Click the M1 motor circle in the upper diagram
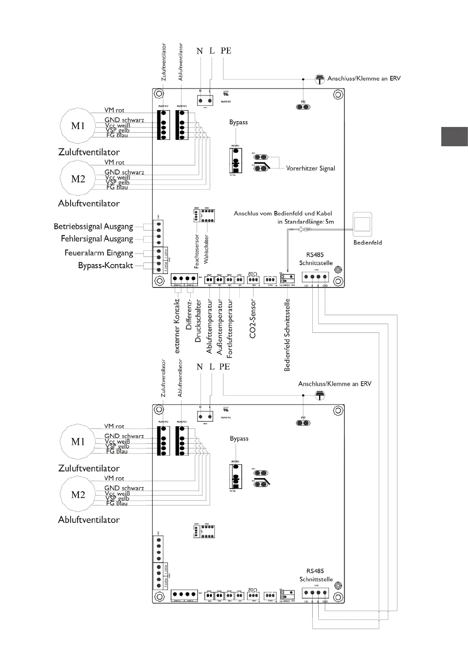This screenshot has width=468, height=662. (x=77, y=126)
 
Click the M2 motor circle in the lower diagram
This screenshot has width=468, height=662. (x=78, y=495)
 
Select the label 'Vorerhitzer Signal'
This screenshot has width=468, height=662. (x=310, y=168)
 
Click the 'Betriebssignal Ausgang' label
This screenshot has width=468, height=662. (x=94, y=226)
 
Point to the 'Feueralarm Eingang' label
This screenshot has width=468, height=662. (x=99, y=253)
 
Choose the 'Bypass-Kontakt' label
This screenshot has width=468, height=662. (x=105, y=265)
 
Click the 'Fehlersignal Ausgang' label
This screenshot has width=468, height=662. (x=97, y=239)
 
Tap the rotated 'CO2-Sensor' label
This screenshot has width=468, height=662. (x=253, y=318)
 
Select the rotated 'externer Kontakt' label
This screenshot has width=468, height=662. (x=177, y=326)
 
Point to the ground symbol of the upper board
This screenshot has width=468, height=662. (x=320, y=79)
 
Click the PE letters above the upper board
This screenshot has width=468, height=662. (x=226, y=51)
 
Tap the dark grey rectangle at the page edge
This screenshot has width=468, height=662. (x=454, y=136)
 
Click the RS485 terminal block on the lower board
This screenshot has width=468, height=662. (x=315, y=593)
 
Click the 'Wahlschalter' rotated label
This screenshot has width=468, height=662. (x=206, y=249)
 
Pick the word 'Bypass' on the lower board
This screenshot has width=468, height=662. (x=239, y=438)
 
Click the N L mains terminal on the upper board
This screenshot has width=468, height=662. (x=205, y=101)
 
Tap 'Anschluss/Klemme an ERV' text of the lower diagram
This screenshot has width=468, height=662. (x=334, y=384)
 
